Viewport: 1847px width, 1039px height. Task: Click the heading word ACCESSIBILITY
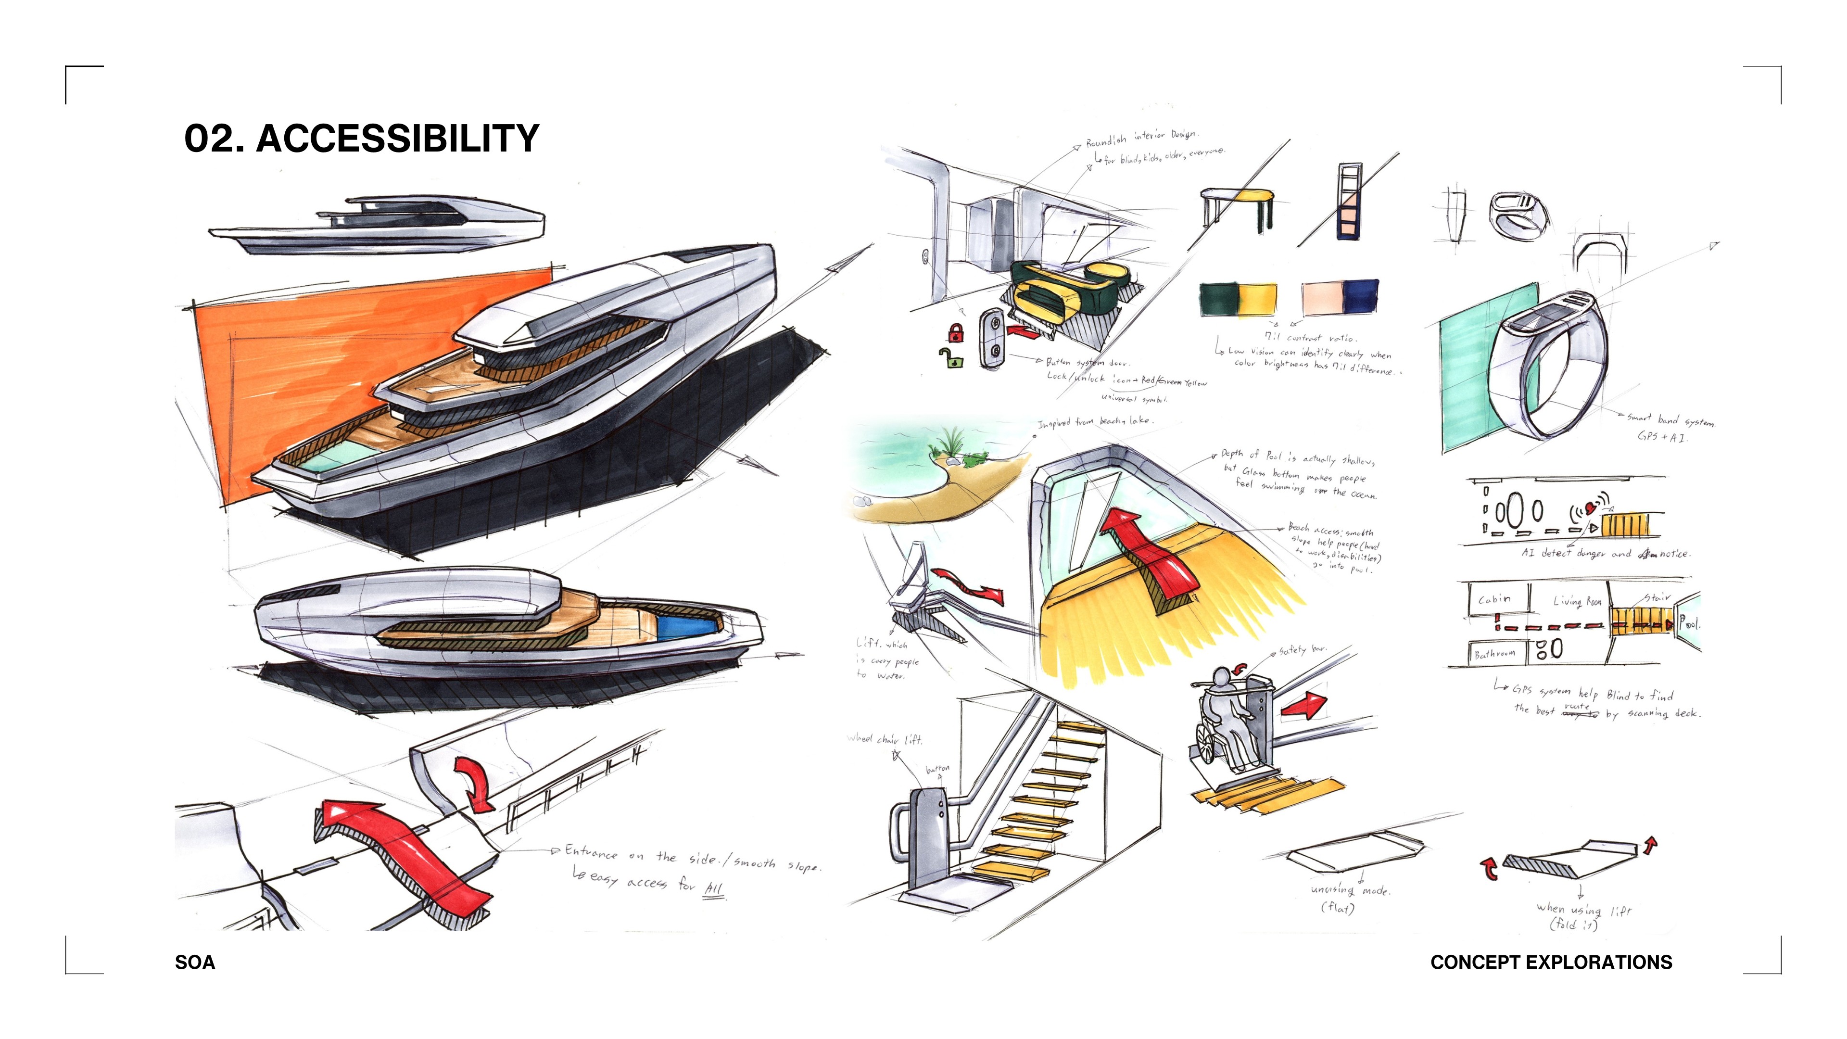(397, 139)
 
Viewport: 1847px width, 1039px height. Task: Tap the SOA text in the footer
(194, 962)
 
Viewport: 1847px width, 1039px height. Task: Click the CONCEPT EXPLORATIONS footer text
(1551, 962)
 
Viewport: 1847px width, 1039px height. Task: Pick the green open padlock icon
(951, 357)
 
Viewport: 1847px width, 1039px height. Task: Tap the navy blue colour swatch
(1361, 297)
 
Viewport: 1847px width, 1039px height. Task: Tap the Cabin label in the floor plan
(1494, 599)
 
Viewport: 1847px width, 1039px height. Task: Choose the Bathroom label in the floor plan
(1494, 653)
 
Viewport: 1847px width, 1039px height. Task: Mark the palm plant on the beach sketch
(951, 442)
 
